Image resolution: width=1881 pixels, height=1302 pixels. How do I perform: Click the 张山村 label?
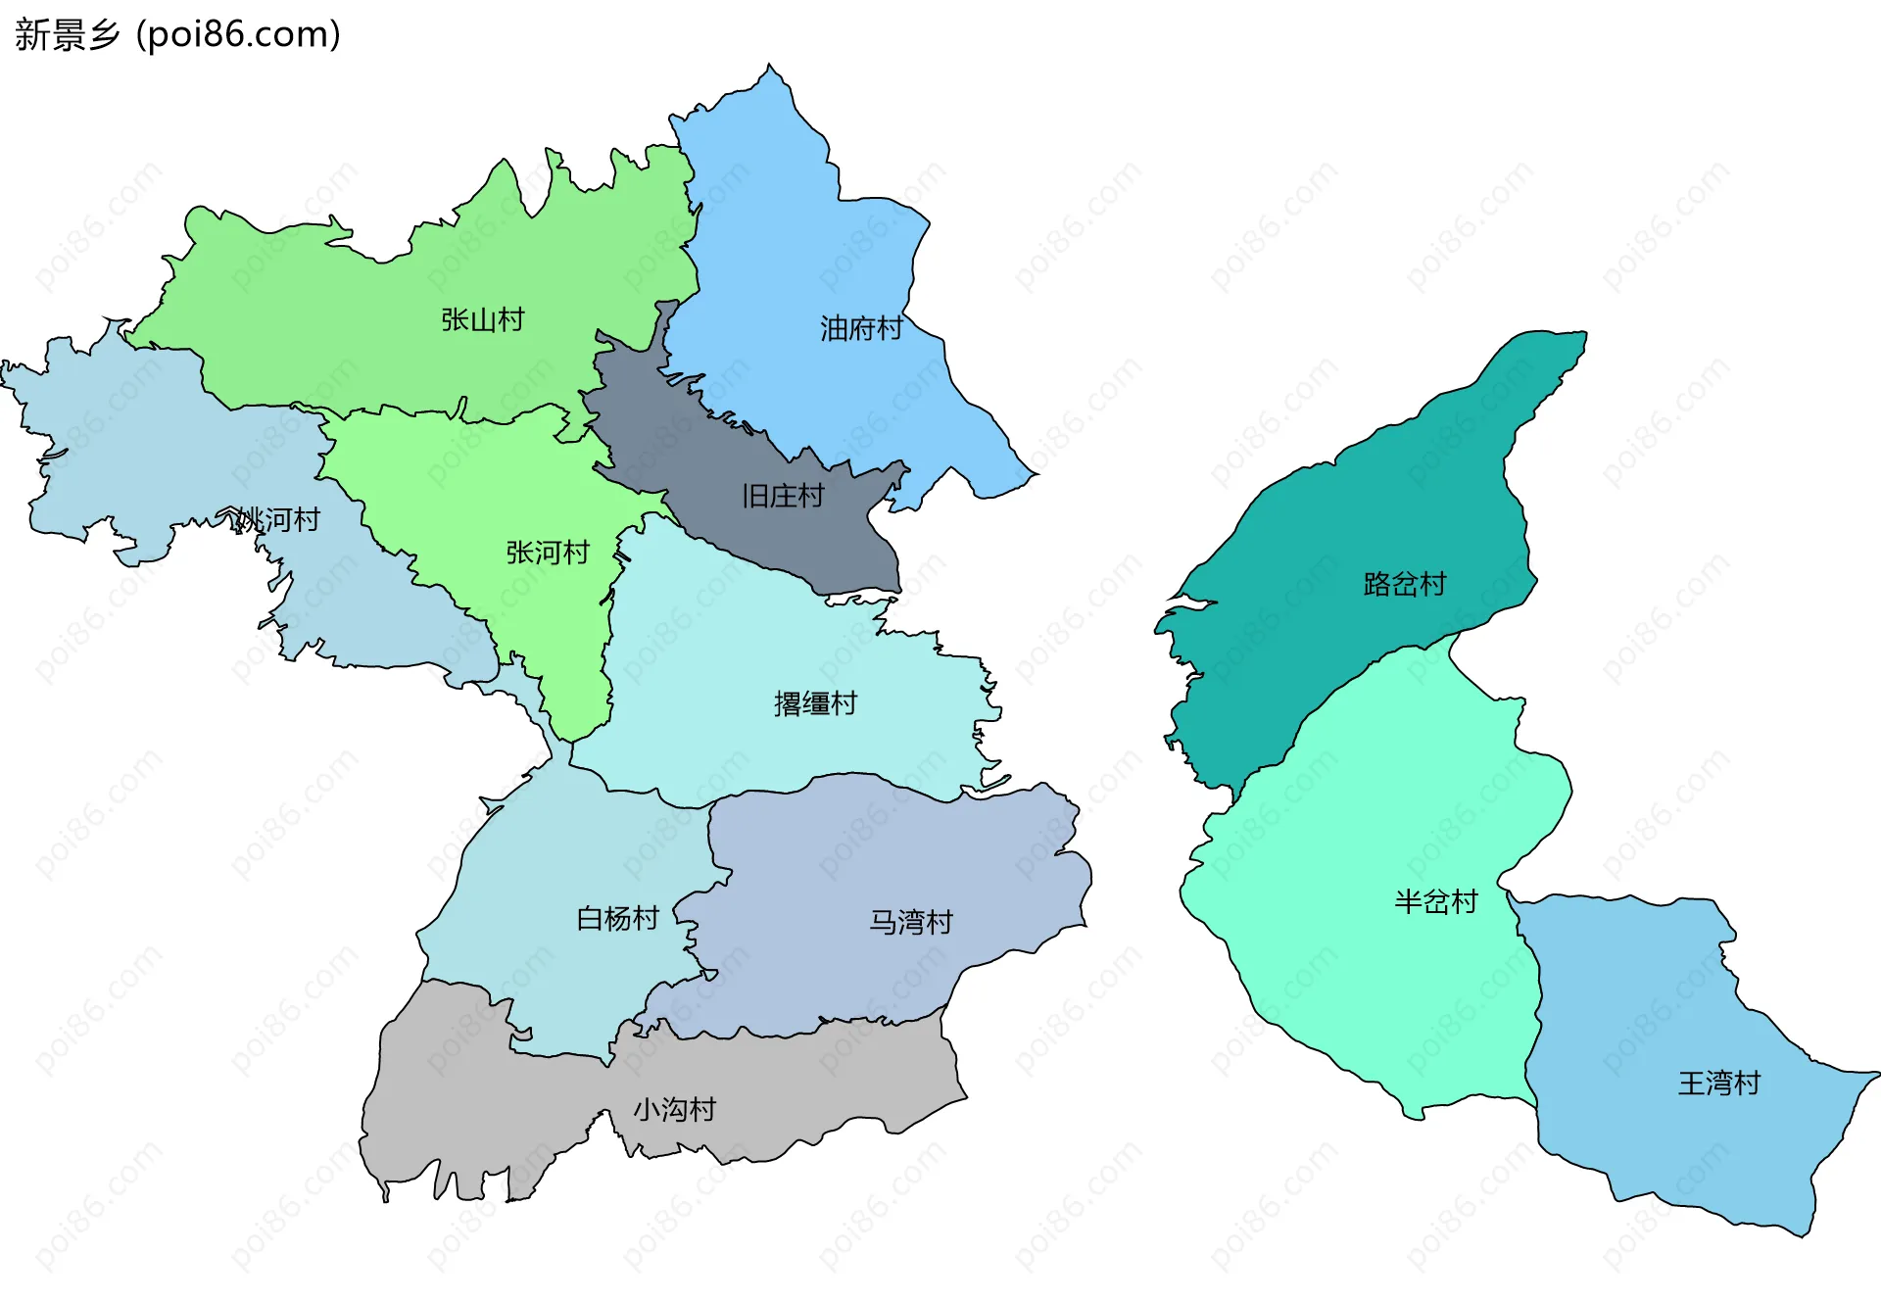(x=482, y=319)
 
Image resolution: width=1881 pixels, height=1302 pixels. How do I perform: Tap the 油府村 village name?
(x=861, y=328)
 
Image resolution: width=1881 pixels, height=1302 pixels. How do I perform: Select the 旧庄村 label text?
(x=783, y=496)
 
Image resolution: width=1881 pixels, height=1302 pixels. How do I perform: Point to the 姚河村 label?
(x=279, y=519)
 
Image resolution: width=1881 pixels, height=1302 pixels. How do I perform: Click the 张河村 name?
(x=548, y=553)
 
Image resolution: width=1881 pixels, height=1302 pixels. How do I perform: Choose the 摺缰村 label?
(x=815, y=703)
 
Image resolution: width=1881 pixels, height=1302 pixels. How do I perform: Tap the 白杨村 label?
(x=617, y=918)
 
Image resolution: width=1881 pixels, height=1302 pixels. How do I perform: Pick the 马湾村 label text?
(x=911, y=922)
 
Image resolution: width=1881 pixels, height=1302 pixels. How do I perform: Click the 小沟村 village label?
(x=674, y=1109)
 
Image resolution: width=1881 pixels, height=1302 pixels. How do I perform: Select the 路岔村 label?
(x=1405, y=584)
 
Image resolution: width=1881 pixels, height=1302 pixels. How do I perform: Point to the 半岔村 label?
(x=1436, y=901)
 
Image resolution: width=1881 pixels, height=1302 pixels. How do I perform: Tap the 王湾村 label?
(x=1719, y=1083)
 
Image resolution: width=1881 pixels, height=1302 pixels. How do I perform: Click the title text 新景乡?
(x=67, y=34)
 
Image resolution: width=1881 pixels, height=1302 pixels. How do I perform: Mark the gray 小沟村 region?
(x=490, y=1097)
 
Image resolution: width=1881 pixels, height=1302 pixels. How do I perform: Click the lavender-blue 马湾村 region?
(x=882, y=852)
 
